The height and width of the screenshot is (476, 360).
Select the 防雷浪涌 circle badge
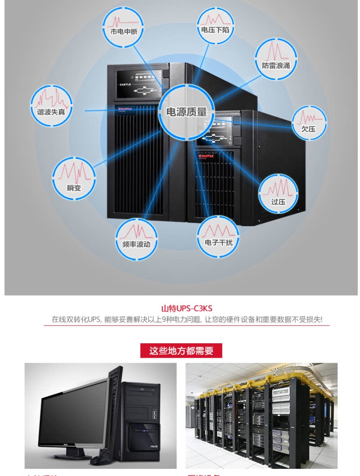point(276,59)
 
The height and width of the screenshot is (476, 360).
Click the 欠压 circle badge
point(309,122)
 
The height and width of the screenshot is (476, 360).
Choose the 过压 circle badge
point(278,193)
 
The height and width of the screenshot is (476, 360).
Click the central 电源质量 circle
point(187,111)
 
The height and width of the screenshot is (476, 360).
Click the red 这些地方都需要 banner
point(181,351)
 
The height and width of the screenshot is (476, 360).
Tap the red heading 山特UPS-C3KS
point(186,309)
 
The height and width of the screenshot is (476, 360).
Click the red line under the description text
point(186,325)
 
